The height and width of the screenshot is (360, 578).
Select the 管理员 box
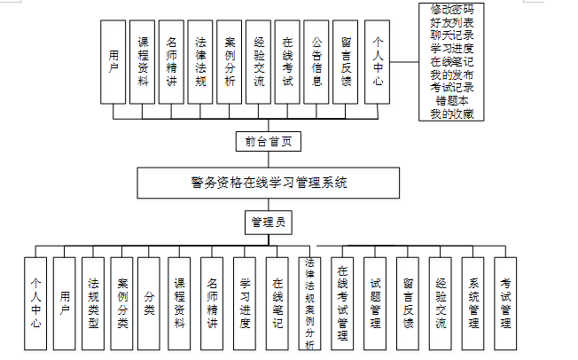268,222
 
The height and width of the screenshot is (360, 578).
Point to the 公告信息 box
316,62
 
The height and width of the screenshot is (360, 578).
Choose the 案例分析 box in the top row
230,62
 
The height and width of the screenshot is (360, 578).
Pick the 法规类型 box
93,304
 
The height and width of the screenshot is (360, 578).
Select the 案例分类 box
122,304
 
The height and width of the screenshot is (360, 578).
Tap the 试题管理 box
375,304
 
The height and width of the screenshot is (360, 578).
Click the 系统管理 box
473,304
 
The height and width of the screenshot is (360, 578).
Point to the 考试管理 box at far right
505,304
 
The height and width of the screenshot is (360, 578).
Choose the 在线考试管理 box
343,304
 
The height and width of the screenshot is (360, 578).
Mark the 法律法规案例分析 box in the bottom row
309,304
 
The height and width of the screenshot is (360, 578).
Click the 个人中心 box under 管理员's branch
35,304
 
